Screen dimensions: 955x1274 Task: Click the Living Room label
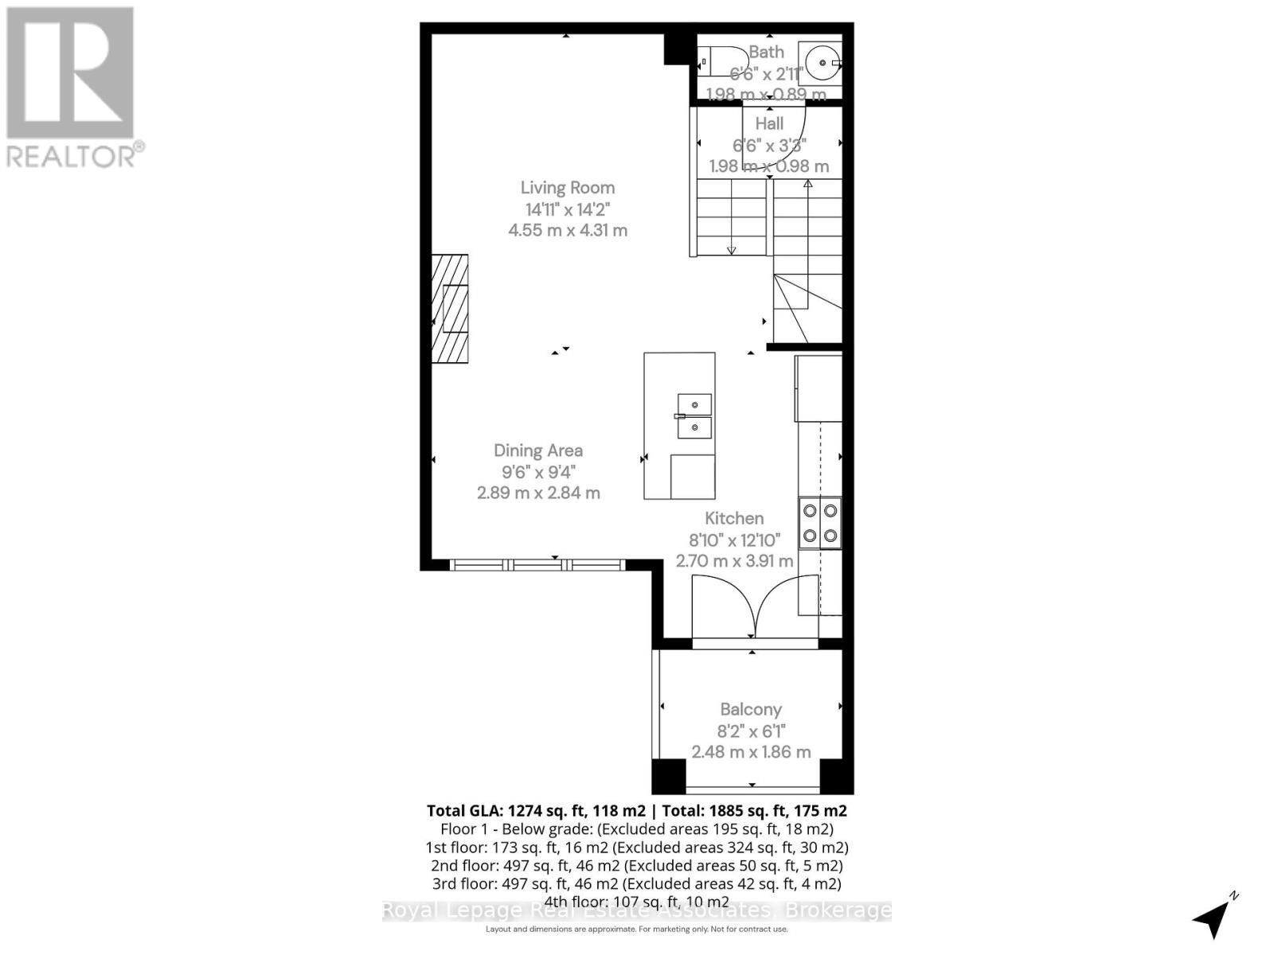point(567,188)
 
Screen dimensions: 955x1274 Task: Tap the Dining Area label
point(538,450)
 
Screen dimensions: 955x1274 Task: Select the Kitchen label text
point(734,518)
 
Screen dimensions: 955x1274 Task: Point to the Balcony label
point(751,709)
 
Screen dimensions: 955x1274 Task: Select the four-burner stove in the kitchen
point(820,523)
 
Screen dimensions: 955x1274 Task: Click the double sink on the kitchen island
point(694,415)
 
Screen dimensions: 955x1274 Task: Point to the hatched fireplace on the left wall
point(450,309)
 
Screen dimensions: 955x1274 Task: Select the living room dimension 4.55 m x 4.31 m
point(568,231)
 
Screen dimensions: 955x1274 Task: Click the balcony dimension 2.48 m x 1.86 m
point(751,752)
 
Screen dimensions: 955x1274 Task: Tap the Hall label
point(769,123)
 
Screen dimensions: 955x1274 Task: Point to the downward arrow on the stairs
point(731,250)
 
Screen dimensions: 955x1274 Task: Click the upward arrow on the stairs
point(807,185)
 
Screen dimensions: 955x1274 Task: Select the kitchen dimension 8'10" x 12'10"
point(734,540)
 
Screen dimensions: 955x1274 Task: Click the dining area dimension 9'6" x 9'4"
point(538,472)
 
